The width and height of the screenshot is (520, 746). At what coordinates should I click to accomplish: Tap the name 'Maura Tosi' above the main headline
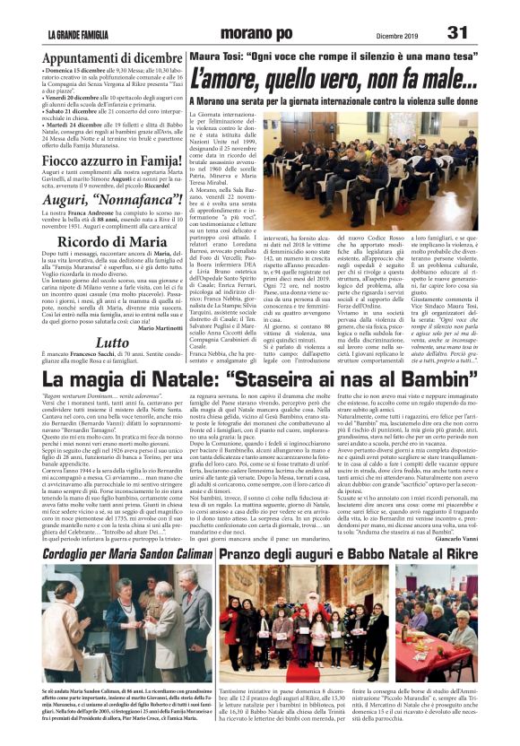[x=212, y=56]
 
